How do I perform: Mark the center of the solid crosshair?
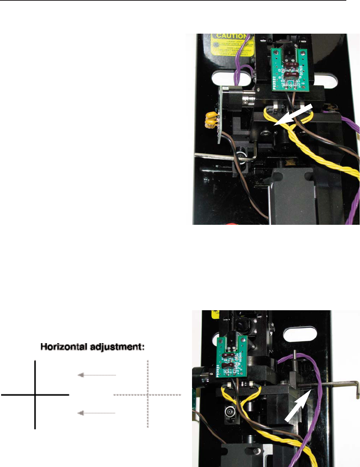click(35, 395)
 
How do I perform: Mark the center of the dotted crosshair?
click(148, 395)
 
